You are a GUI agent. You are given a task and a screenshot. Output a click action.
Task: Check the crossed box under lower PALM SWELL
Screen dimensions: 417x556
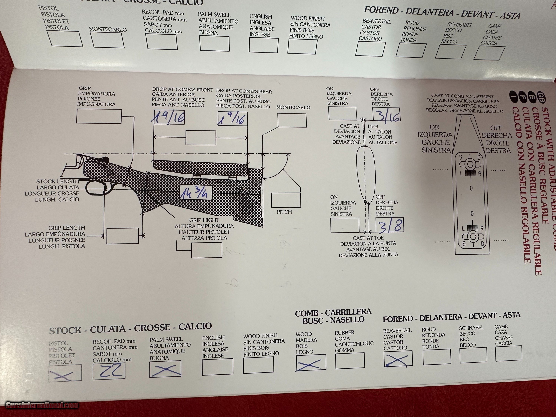pyautogui.click(x=165, y=369)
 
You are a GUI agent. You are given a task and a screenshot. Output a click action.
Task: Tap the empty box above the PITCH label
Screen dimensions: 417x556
pyautogui.click(x=286, y=200)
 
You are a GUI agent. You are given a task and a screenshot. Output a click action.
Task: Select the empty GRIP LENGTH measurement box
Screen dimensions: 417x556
pyautogui.click(x=122, y=236)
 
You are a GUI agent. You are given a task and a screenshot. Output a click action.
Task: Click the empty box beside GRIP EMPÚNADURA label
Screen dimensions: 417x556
pyautogui.click(x=99, y=116)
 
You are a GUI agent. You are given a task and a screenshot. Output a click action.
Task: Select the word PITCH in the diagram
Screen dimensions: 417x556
pyautogui.click(x=284, y=212)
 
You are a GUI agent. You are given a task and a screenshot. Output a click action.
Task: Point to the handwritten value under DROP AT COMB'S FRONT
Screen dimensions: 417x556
pyautogui.click(x=168, y=117)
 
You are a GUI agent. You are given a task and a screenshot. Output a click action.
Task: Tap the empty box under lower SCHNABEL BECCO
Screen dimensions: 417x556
pyautogui.click(x=473, y=355)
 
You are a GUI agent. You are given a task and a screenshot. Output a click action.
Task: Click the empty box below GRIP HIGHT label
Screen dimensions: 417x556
pyautogui.click(x=207, y=250)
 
